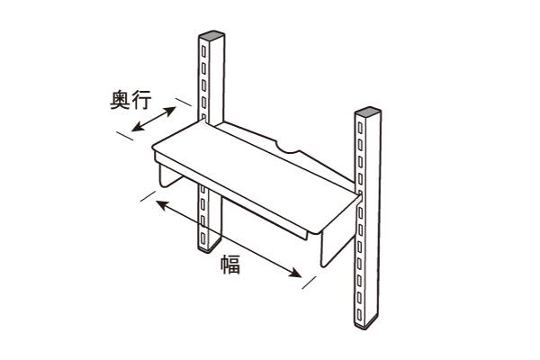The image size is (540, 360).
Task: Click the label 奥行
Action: [x=130, y=100]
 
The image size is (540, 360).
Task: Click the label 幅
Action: [x=230, y=265]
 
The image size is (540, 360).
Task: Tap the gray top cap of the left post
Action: [x=211, y=35]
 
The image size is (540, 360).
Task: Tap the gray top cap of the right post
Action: [x=368, y=112]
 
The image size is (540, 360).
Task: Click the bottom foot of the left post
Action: [x=210, y=247]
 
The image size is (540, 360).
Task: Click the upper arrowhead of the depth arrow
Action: [x=171, y=111]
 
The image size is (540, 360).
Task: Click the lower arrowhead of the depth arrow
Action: [x=137, y=127]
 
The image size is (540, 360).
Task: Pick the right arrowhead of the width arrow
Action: [x=296, y=274]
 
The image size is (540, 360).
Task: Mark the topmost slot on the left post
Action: [x=203, y=52]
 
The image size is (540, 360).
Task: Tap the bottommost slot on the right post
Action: [x=359, y=313]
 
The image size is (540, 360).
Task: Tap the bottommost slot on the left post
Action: [x=202, y=238]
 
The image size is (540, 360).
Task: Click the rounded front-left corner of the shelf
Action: [x=155, y=148]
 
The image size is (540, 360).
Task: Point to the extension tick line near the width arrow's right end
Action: [x=309, y=282]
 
